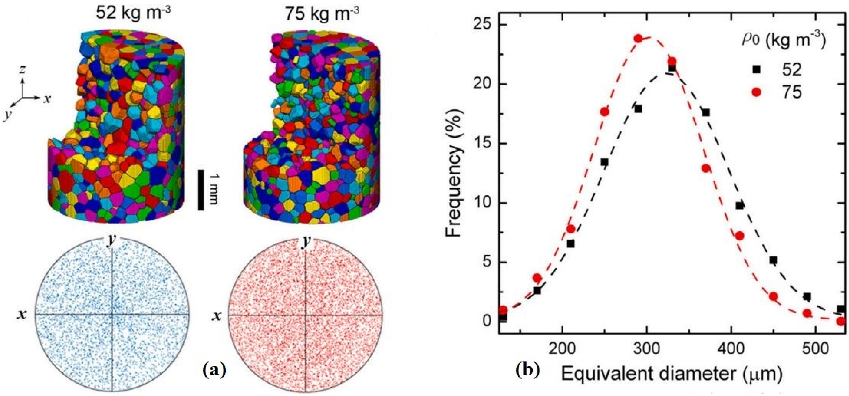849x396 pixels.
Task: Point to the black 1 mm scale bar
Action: (200, 190)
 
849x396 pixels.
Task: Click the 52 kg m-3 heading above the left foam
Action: (134, 14)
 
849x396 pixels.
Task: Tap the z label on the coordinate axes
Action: (22, 69)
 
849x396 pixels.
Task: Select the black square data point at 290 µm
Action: (638, 109)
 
